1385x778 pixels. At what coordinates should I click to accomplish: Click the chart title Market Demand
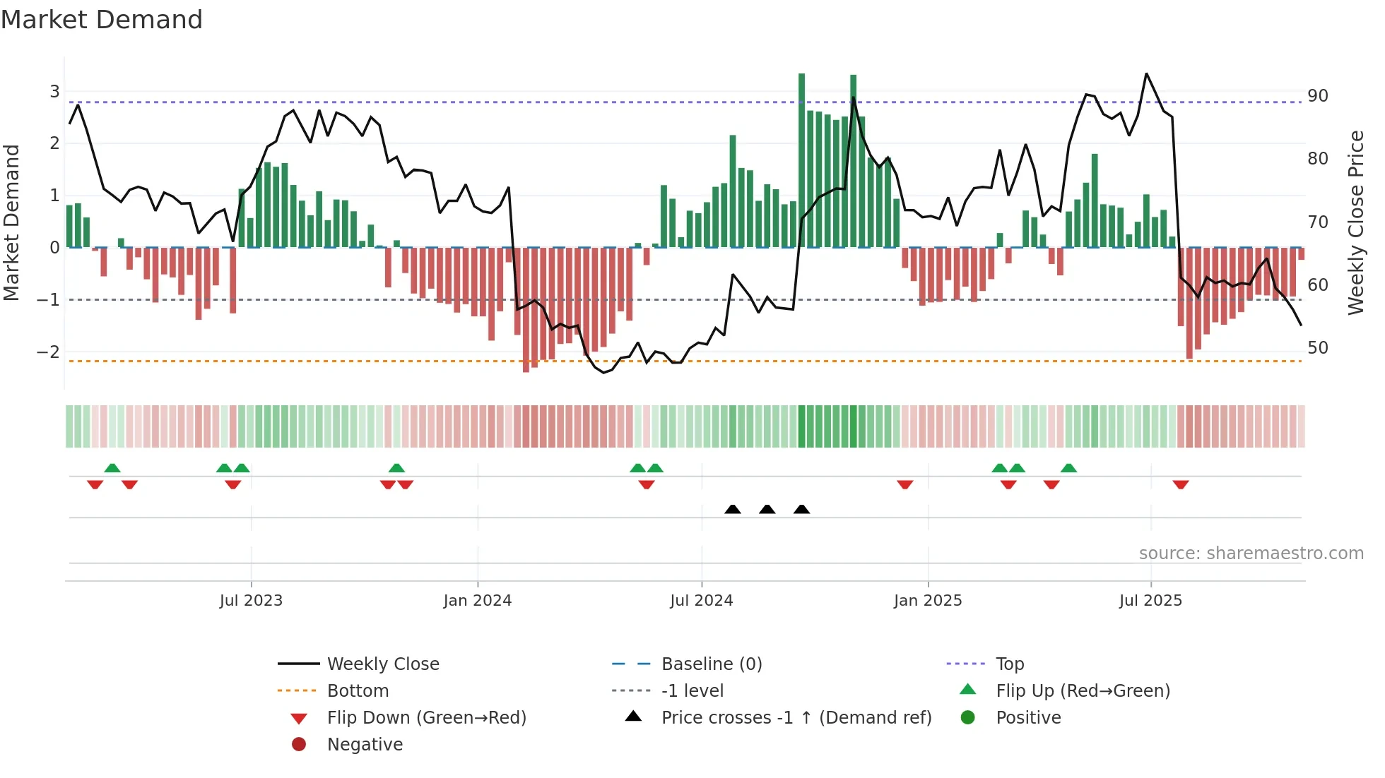click(102, 20)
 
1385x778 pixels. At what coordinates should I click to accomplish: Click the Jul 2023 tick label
click(251, 601)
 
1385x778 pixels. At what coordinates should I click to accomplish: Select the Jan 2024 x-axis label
click(477, 601)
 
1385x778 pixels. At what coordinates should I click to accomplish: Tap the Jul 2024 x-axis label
click(701, 601)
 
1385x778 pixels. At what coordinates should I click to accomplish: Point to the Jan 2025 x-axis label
click(927, 601)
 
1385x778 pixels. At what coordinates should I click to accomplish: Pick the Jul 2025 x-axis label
click(1150, 601)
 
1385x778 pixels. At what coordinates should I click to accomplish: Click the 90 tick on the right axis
click(1317, 96)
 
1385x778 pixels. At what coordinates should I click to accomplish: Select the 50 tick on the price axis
click(1317, 348)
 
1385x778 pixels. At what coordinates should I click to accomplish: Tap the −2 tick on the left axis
click(48, 352)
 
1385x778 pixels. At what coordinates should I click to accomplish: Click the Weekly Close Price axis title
click(1355, 222)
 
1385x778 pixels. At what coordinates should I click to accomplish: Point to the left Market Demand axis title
click(11, 222)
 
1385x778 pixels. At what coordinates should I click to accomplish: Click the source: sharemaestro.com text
click(1251, 553)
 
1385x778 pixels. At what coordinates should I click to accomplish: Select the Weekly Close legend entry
click(382, 664)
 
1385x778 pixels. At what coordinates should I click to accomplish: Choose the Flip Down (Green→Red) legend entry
click(426, 718)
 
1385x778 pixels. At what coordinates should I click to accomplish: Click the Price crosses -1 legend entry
click(796, 718)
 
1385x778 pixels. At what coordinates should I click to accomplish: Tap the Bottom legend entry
click(358, 691)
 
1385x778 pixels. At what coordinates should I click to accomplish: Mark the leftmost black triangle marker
click(733, 509)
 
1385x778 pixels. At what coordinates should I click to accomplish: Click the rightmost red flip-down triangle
click(1181, 484)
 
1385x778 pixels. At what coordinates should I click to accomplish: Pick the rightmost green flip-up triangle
click(1068, 468)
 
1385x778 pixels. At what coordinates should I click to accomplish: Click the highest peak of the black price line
click(1146, 73)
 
